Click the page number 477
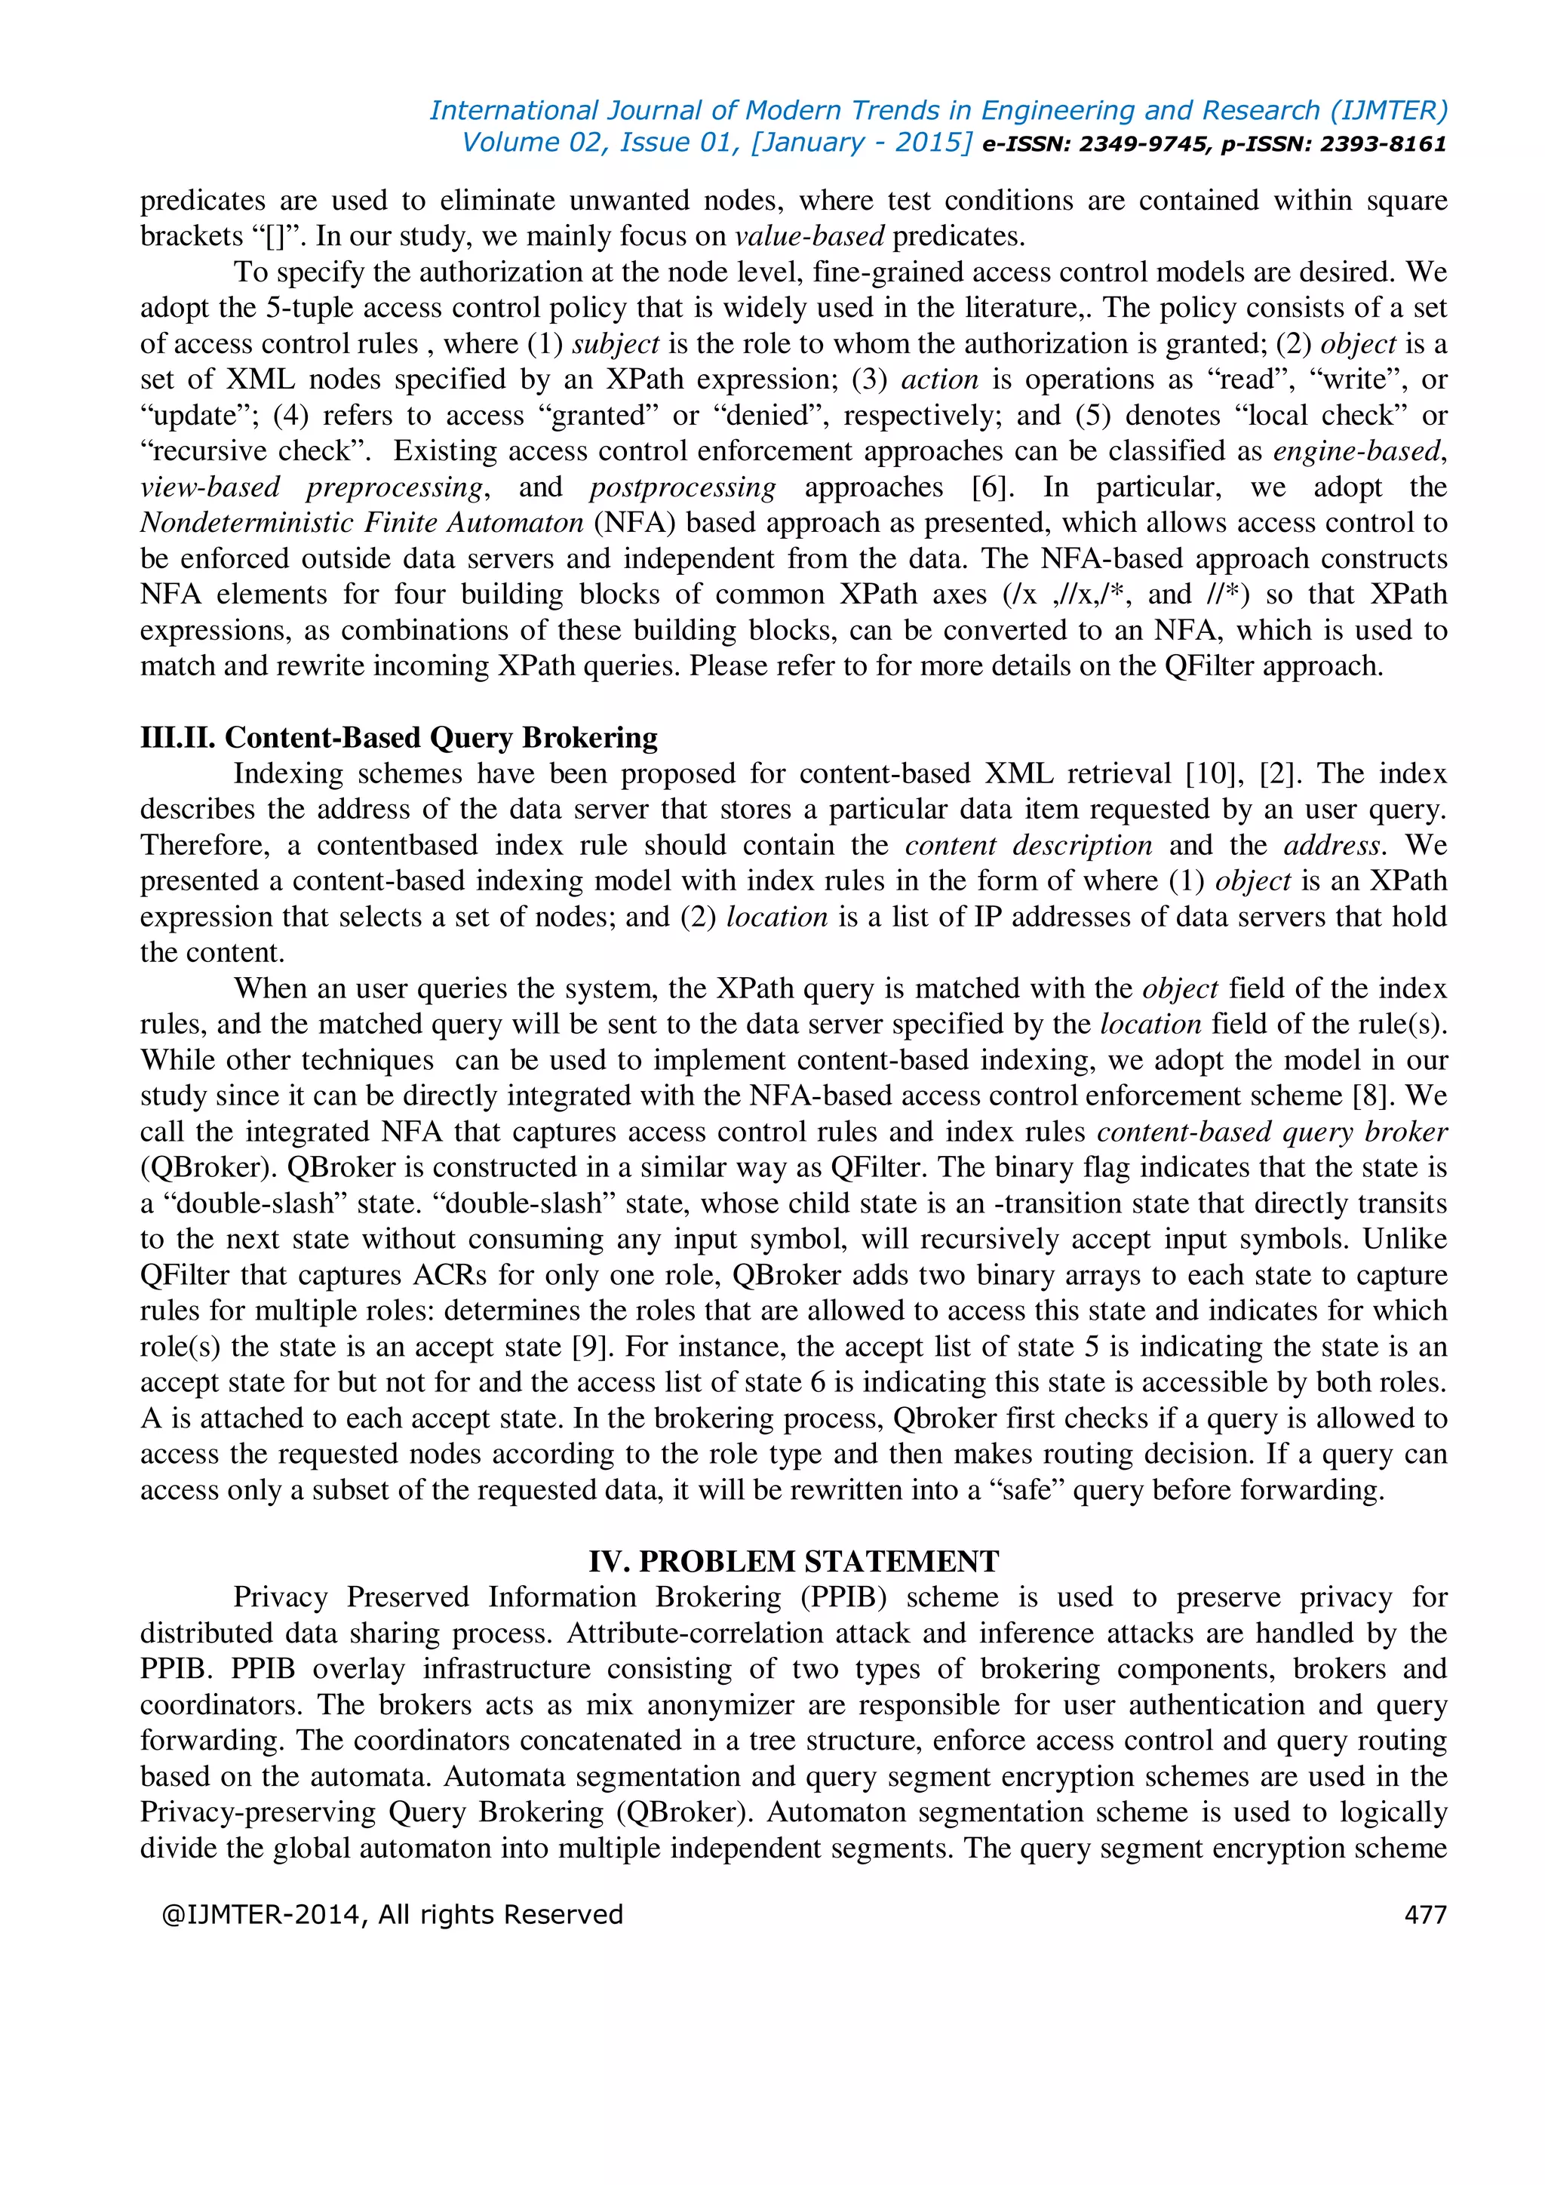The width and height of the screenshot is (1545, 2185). (1424, 1914)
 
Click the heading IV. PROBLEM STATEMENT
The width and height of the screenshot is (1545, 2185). (794, 1561)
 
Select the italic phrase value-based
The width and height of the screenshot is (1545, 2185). (809, 236)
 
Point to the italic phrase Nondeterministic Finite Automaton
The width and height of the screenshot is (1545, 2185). (361, 522)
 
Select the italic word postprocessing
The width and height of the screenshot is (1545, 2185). (682, 487)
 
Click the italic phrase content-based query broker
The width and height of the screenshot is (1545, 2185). (1272, 1132)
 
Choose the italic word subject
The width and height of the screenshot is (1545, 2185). (616, 343)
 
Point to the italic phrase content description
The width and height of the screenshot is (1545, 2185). (1027, 845)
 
